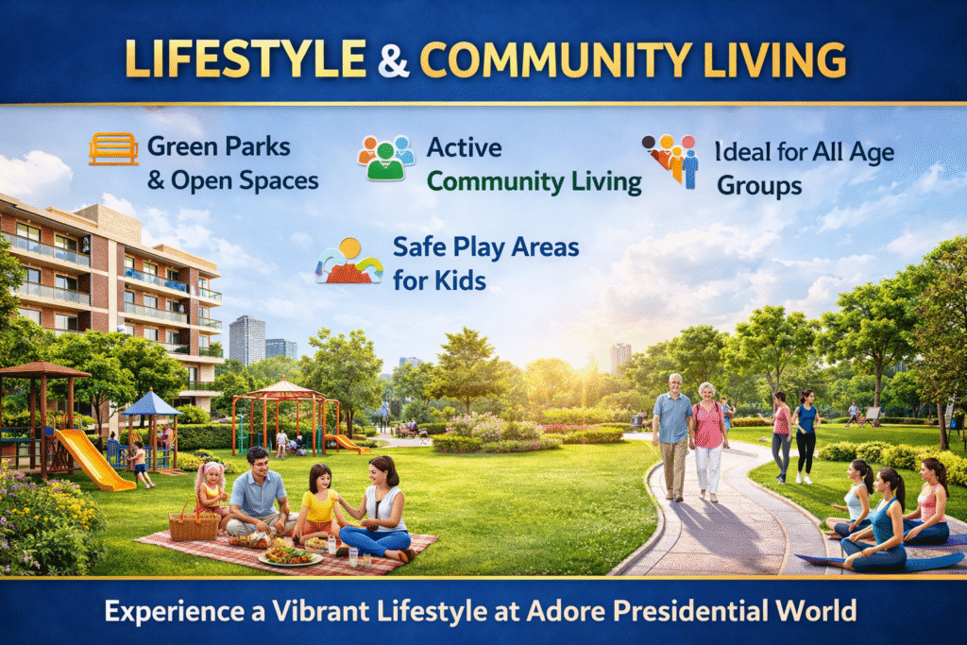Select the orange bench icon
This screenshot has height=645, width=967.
113,148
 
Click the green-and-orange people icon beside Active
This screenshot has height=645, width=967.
385,158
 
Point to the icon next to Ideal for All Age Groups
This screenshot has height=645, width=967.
671,161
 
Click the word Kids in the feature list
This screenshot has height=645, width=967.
461,281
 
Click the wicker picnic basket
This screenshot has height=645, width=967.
194,523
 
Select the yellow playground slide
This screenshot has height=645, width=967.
93,459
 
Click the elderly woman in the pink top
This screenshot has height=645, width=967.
708,442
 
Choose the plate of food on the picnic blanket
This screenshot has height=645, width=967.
290,556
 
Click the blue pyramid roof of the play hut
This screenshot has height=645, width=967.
150,403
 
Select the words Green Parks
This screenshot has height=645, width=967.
219,146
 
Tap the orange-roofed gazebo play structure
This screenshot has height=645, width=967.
285,416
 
